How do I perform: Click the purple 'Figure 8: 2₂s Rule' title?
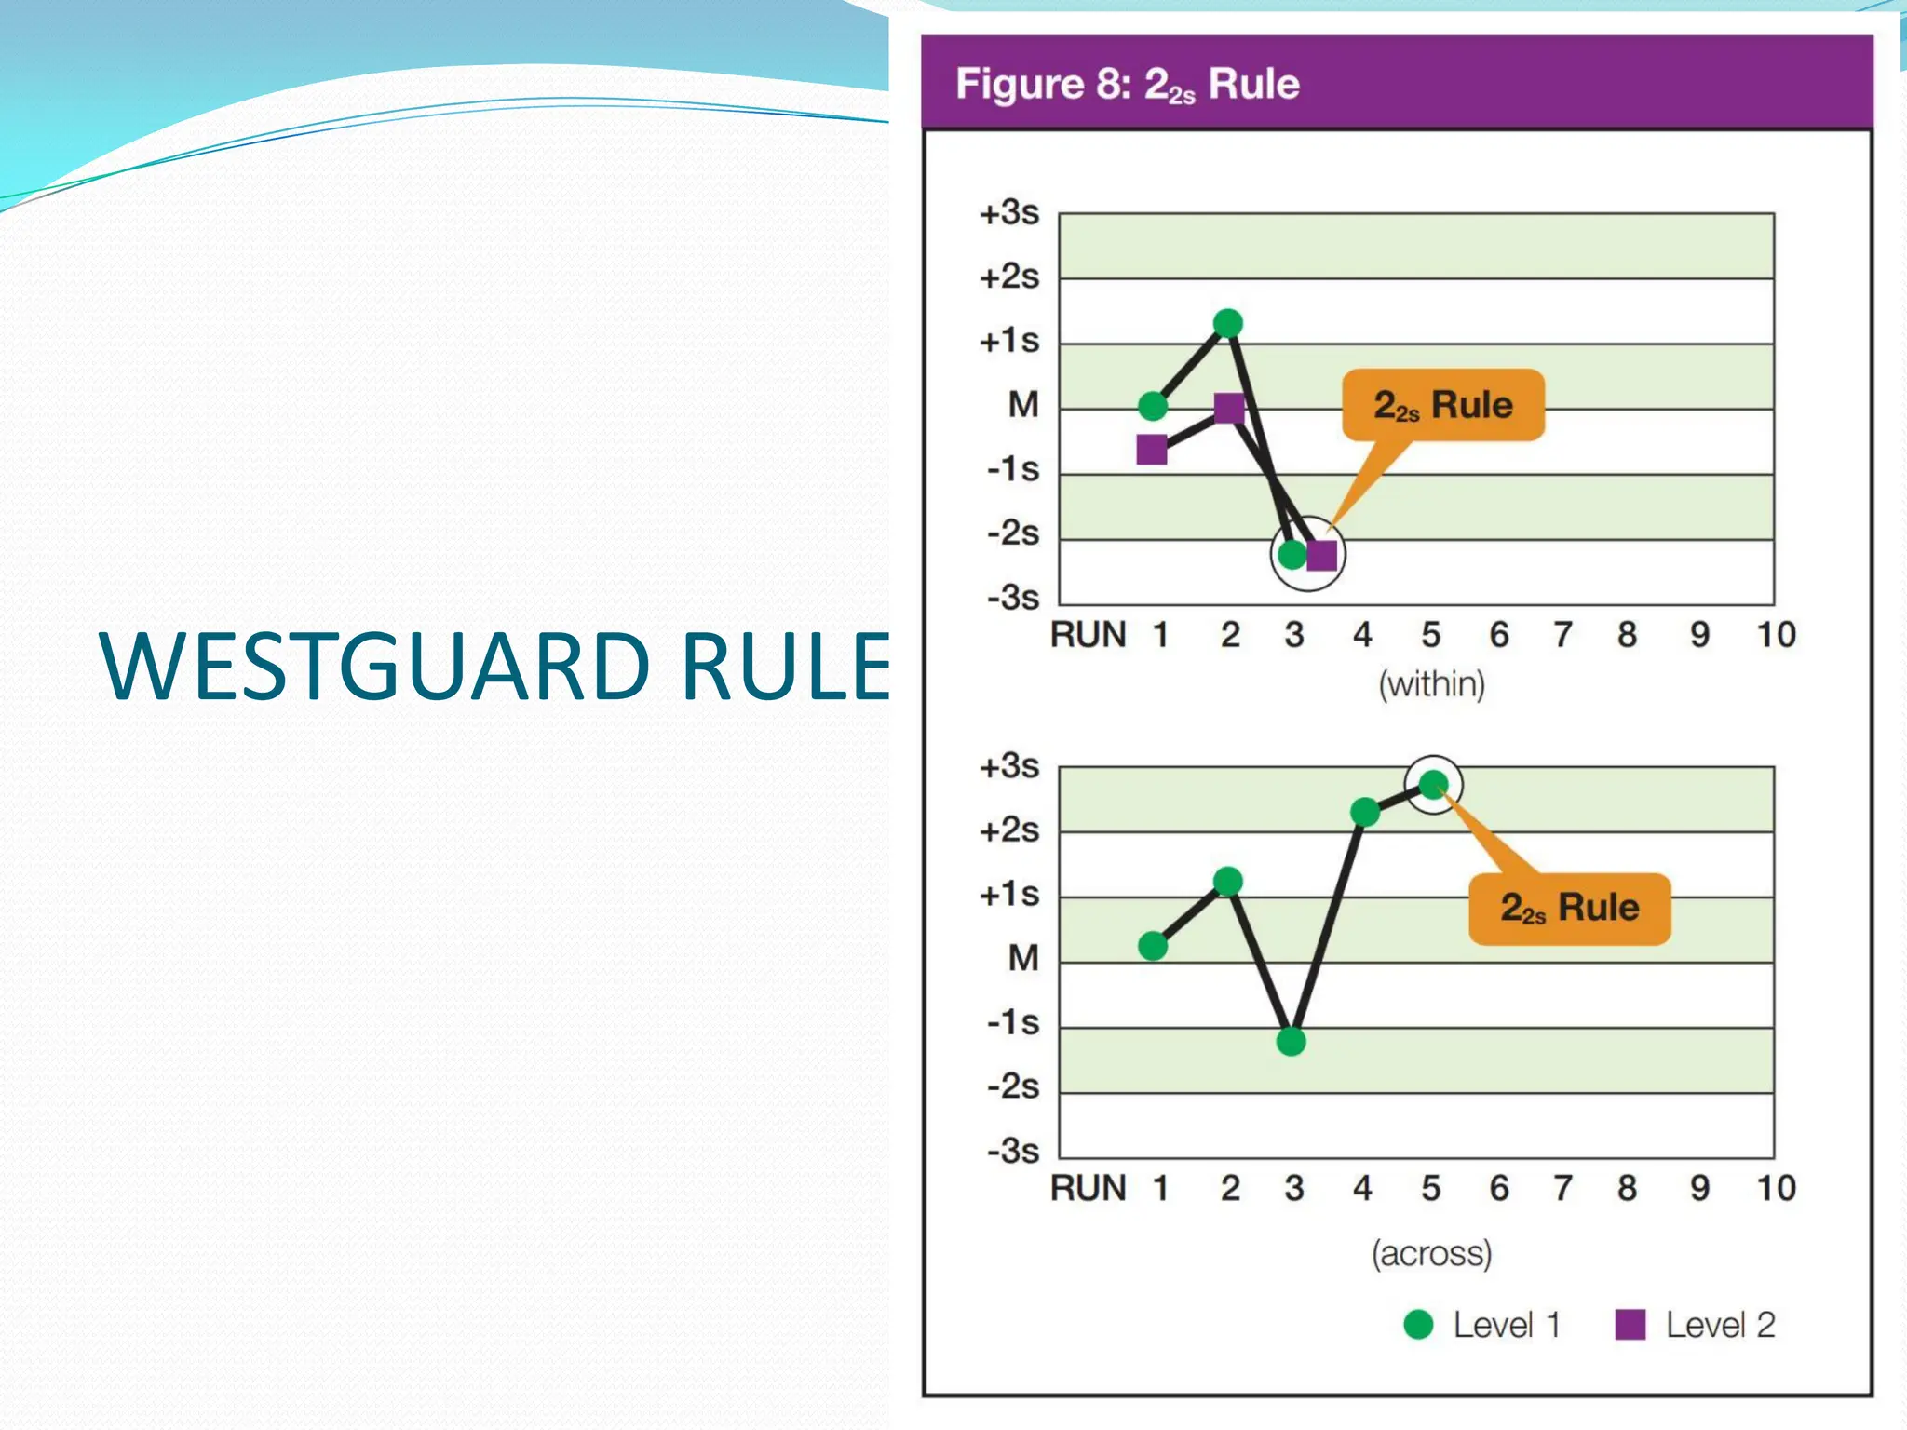(1127, 84)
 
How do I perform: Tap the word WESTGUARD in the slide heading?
(372, 666)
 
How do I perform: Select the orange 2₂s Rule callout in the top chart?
(1442, 405)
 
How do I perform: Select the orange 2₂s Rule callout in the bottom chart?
(1569, 908)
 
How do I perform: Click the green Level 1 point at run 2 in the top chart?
(1228, 323)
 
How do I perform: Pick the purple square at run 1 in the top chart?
(1152, 450)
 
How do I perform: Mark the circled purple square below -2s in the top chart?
(1321, 556)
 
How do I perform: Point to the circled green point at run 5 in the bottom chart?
(1433, 785)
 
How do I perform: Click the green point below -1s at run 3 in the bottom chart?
(1291, 1041)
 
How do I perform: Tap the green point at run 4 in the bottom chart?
(1364, 812)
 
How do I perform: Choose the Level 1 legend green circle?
(1417, 1324)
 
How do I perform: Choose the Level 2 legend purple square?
(1630, 1324)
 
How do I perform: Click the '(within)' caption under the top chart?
(1431, 684)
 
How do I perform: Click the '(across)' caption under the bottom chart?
(1431, 1253)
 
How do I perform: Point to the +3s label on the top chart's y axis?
(1008, 213)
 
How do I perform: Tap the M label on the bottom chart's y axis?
(1022, 958)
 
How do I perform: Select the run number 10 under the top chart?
(1775, 635)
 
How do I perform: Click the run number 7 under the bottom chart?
(1562, 1188)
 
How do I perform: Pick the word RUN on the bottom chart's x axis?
(1088, 1188)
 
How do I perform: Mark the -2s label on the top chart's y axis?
(1012, 533)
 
